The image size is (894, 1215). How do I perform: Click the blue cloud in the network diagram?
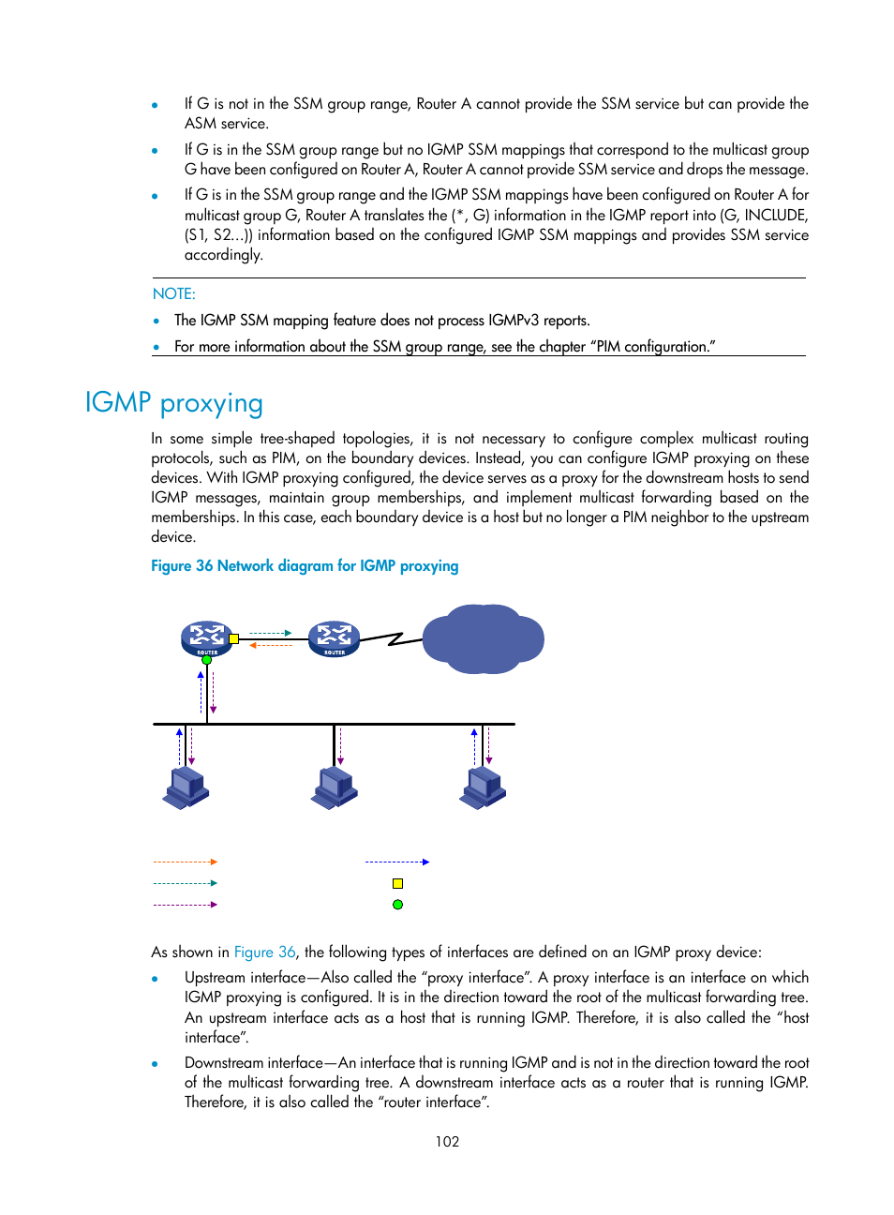484,639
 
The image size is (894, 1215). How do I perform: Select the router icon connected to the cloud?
335,638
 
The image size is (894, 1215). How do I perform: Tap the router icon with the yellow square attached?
206,638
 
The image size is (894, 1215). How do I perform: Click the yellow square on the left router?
234,638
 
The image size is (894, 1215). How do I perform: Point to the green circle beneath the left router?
207,660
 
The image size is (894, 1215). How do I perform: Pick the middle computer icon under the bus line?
335,787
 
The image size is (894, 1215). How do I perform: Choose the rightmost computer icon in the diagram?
483,787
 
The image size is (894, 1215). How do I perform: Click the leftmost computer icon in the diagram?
186,787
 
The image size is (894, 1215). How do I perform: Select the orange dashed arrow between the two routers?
271,645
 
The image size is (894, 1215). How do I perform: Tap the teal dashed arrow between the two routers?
271,633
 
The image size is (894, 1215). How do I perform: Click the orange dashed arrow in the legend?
186,862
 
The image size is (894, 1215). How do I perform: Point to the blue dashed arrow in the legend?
397,862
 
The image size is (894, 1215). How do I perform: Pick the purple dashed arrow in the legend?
186,905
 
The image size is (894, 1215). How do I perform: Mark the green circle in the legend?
397,905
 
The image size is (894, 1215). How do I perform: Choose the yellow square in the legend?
397,883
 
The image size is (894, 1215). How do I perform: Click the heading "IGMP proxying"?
174,402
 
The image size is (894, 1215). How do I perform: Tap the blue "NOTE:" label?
174,293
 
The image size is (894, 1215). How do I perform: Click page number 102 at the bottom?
447,1141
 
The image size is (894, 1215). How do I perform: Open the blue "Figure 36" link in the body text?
264,952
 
